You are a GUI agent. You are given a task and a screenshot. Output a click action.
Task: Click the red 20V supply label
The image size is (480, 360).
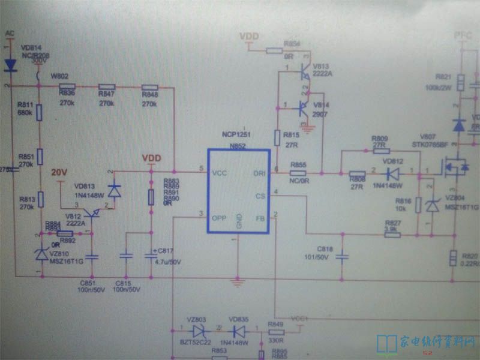click(59, 172)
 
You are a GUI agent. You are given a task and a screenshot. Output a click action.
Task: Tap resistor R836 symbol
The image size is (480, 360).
click(67, 87)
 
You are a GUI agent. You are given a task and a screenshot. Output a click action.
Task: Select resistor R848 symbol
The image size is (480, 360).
click(150, 87)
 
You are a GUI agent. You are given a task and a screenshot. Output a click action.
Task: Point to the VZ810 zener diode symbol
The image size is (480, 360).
click(40, 254)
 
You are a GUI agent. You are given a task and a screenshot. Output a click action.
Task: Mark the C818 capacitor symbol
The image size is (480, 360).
click(342, 256)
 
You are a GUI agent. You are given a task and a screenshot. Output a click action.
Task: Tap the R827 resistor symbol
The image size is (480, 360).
click(392, 234)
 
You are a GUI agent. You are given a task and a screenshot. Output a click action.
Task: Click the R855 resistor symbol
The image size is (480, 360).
click(298, 173)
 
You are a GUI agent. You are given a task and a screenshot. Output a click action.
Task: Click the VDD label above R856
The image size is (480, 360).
click(249, 37)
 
